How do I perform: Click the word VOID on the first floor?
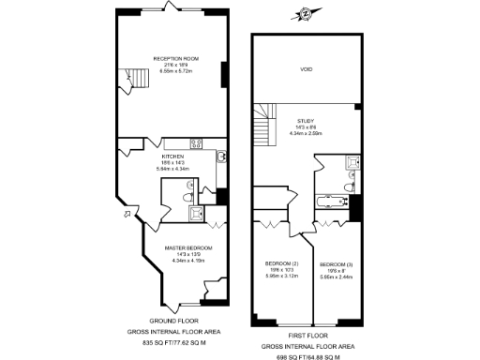[306, 70]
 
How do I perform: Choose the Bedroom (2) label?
[281, 263]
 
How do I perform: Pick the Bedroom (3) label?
[335, 263]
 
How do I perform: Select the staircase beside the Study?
[263, 124]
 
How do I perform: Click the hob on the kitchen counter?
[197, 143]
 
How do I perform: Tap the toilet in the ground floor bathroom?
[187, 197]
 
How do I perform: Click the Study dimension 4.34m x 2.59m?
[306, 133]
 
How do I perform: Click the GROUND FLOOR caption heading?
[172, 320]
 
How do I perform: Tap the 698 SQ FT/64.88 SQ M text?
[306, 356]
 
